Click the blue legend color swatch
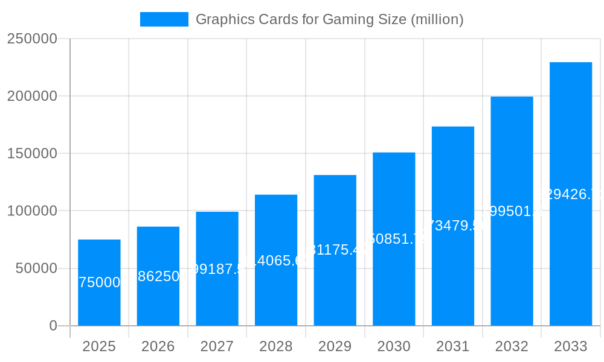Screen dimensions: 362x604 coord(164,19)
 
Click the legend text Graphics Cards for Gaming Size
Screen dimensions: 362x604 coord(329,19)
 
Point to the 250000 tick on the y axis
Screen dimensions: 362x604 coord(32,39)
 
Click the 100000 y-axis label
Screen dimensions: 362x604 coord(32,211)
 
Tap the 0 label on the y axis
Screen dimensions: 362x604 coord(53,326)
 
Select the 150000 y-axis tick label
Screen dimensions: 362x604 coord(32,153)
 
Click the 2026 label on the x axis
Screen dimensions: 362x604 coord(158,346)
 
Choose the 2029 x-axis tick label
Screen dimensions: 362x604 coord(335,346)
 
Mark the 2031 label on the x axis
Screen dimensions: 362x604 coord(453,346)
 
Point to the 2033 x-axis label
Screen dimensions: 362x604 coord(571,346)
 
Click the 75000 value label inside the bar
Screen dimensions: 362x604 coord(100,282)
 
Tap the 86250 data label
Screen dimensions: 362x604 coord(158,276)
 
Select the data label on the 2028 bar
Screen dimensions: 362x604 coord(276,261)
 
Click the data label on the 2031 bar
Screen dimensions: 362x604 coord(453,226)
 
